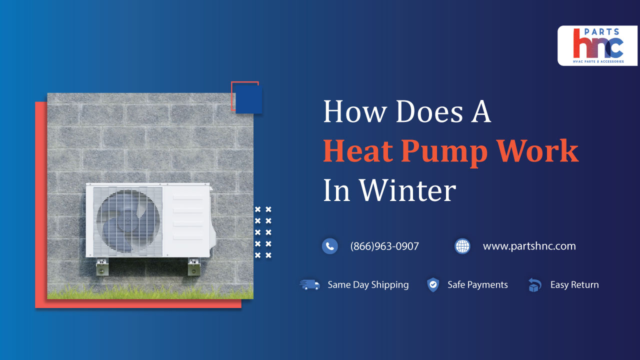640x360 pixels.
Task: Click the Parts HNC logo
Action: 597,45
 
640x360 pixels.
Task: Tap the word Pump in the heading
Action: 443,152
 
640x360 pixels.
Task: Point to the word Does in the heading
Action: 427,112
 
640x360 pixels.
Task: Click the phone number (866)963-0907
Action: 384,246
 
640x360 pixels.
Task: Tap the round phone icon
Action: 329,246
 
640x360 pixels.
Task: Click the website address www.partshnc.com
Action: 529,246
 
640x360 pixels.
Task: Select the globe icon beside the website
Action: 462,246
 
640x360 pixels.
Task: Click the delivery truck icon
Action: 310,285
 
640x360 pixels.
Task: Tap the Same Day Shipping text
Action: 368,285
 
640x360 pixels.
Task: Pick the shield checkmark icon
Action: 433,285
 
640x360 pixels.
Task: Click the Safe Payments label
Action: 477,285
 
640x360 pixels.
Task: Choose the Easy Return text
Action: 574,285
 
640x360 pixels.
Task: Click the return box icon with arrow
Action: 534,285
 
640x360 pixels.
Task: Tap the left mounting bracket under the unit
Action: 102,267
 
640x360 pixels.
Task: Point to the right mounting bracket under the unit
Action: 194,267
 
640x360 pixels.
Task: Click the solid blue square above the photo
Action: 249,99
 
